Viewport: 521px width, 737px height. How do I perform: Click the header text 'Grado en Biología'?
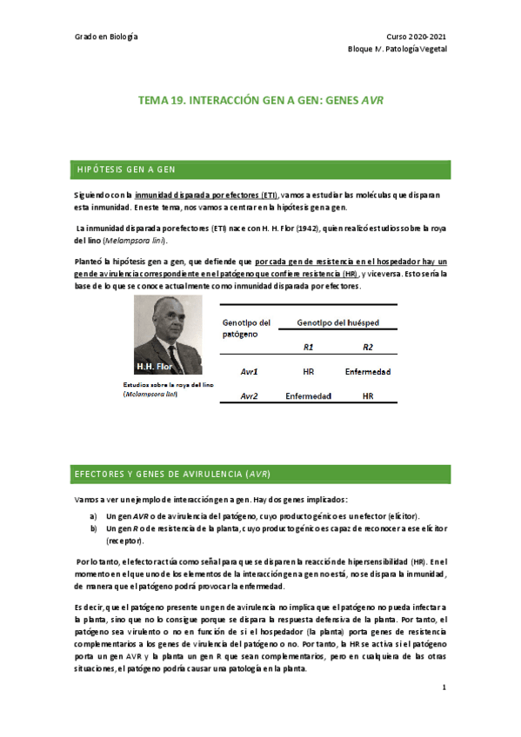point(108,37)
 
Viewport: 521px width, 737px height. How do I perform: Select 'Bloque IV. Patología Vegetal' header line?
point(398,50)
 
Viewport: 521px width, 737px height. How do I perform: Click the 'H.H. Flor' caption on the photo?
point(155,368)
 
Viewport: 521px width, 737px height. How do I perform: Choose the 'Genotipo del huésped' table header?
point(337,322)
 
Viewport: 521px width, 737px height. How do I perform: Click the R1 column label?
point(309,346)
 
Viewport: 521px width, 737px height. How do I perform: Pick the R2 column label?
point(367,346)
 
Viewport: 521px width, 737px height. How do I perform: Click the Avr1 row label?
point(249,371)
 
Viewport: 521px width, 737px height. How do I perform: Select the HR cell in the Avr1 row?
point(309,371)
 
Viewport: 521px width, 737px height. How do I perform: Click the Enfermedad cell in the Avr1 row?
point(367,371)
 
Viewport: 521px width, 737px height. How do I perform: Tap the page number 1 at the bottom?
point(444,687)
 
